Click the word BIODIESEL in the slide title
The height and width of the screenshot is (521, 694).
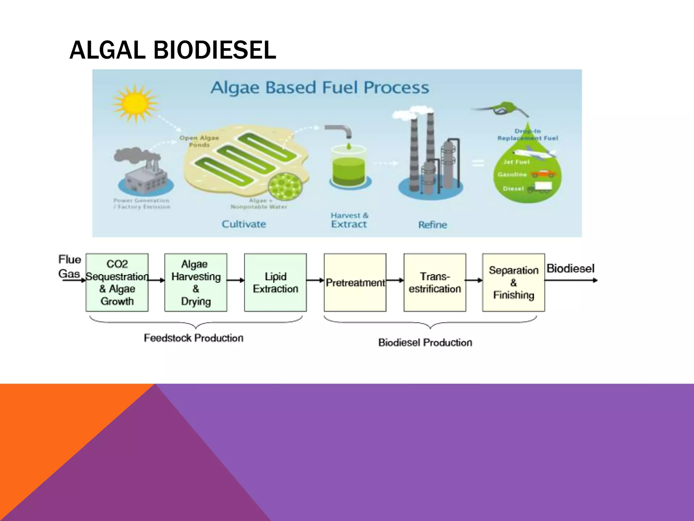tap(215, 50)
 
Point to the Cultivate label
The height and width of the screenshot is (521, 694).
tap(244, 224)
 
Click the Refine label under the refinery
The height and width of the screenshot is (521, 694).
tap(432, 225)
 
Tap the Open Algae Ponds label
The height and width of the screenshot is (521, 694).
tap(199, 141)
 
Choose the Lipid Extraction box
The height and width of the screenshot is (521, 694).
tap(275, 282)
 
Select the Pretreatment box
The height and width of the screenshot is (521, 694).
tap(355, 282)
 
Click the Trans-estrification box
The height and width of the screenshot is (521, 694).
tap(434, 282)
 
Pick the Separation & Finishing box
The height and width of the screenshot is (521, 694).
tap(513, 282)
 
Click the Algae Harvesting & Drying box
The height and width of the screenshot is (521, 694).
tap(196, 282)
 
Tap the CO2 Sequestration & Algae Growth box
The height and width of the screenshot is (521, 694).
tap(117, 282)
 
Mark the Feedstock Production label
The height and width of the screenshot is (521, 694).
tap(193, 338)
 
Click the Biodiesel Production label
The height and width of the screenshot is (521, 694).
tap(425, 343)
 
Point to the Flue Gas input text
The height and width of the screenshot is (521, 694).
tap(69, 267)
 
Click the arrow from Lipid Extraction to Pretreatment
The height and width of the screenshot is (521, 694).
tap(315, 280)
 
